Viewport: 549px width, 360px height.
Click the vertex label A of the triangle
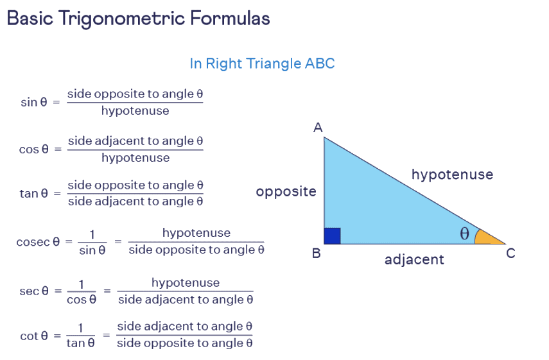pyautogui.click(x=317, y=128)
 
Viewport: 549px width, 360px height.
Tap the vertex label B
pyautogui.click(x=316, y=253)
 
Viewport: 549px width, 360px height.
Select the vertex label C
pyautogui.click(x=510, y=253)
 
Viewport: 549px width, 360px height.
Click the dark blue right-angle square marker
pyautogui.click(x=332, y=236)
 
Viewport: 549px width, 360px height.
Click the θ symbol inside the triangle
pyautogui.click(x=464, y=234)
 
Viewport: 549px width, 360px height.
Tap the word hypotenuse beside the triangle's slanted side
pyautogui.click(x=452, y=174)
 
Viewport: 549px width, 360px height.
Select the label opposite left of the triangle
pyautogui.click(x=286, y=191)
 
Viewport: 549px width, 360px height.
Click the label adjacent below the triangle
pyautogui.click(x=414, y=260)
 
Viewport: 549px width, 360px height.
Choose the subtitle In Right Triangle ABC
pyautogui.click(x=262, y=64)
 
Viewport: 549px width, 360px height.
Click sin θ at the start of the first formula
pyautogui.click(x=34, y=102)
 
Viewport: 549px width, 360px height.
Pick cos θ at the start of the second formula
pyautogui.click(x=34, y=149)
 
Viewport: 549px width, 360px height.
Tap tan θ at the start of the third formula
pyautogui.click(x=34, y=193)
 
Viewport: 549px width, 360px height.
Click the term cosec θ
pyautogui.click(x=38, y=242)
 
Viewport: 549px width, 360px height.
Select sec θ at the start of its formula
pyautogui.click(x=34, y=291)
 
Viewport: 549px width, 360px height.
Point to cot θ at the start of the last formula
pyautogui.click(x=34, y=336)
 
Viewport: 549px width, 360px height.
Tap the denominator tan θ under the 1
pyautogui.click(x=81, y=343)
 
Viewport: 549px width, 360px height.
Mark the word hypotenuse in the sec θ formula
pyautogui.click(x=186, y=282)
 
